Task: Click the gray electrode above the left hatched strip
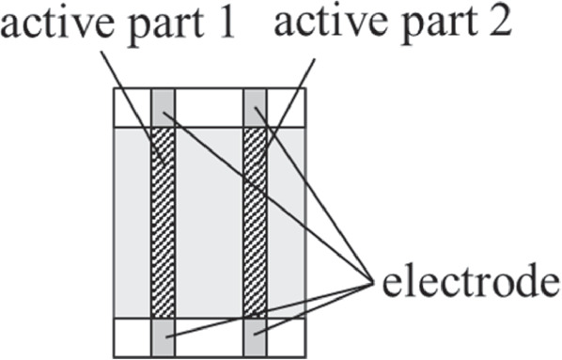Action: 163,106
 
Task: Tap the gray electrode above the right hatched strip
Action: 255,106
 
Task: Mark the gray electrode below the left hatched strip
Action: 163,337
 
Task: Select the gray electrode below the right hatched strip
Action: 255,337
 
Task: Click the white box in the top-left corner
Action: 132,106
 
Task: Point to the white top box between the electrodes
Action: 209,106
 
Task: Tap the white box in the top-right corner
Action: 286,106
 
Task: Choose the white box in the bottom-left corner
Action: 132,337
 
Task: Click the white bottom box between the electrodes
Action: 209,337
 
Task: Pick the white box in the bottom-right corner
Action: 286,337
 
